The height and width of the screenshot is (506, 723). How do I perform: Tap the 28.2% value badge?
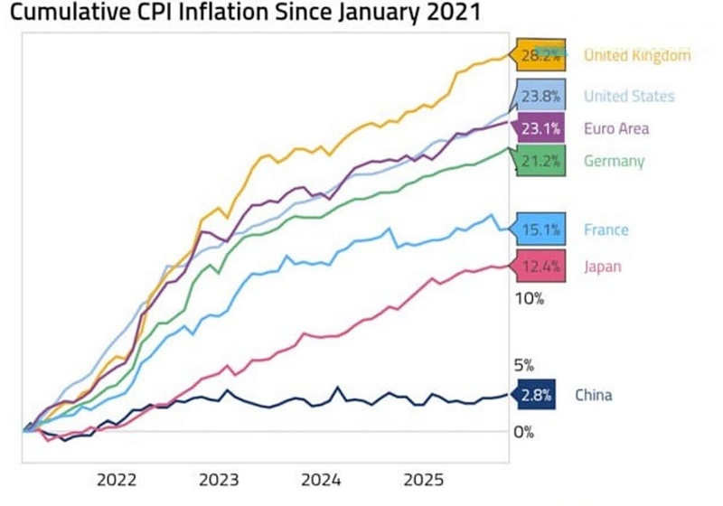[540, 55]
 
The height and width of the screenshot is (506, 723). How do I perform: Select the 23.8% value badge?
[540, 96]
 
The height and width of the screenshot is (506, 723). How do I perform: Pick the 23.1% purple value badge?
[540, 128]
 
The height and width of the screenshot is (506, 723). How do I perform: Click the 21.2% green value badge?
[540, 162]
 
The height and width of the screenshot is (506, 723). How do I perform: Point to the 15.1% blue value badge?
[540, 230]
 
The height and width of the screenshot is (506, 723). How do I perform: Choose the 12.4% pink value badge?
[540, 267]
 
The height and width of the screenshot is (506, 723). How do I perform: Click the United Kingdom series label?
[637, 55]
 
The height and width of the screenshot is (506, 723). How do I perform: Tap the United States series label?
[629, 96]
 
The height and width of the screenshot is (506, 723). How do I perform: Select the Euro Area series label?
[616, 128]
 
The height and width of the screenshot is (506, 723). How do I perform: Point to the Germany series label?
[615, 162]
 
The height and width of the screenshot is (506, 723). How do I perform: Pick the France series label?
[606, 230]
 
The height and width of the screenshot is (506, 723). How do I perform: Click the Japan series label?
[603, 267]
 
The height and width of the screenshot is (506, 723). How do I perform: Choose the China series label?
[594, 395]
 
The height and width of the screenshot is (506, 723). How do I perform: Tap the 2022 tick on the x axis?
[117, 478]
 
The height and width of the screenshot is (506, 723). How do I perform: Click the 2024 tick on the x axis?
[321, 478]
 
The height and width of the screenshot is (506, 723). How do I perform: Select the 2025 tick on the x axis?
[423, 478]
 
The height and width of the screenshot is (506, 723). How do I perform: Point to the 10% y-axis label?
[530, 299]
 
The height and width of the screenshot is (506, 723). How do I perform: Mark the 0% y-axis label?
[524, 432]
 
